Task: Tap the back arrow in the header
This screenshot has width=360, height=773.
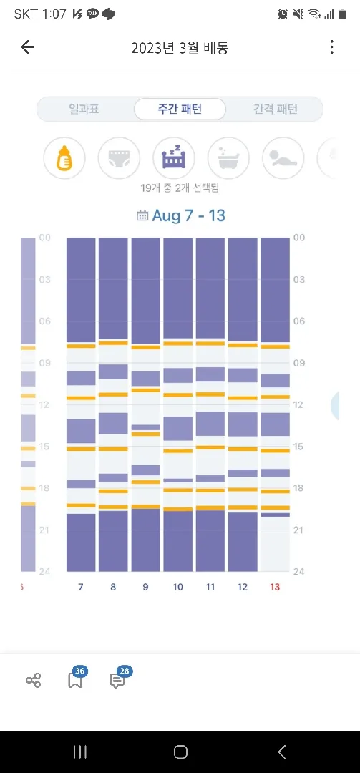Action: (x=28, y=47)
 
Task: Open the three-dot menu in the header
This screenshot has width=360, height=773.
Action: (x=332, y=47)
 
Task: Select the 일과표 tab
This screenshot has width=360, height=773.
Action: (x=84, y=109)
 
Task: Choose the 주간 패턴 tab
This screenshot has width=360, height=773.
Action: (x=180, y=109)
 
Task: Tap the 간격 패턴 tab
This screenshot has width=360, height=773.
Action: (x=276, y=109)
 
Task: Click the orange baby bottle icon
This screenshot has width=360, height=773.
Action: (x=64, y=158)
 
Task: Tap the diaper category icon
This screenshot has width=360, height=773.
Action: (x=119, y=158)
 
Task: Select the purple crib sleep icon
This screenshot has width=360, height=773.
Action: (x=174, y=158)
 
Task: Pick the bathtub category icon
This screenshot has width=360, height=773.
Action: (x=228, y=158)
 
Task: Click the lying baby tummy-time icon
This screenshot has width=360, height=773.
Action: (x=283, y=158)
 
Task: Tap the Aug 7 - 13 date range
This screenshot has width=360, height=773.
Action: (x=188, y=216)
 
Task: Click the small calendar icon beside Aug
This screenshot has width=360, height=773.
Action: (x=142, y=215)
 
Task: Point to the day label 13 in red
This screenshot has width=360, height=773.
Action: (x=275, y=587)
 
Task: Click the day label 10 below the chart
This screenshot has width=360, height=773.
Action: (x=177, y=587)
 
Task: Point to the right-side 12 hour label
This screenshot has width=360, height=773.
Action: (x=299, y=404)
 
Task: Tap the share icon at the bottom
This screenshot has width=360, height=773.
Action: (x=33, y=681)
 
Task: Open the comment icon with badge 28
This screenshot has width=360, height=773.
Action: (x=117, y=681)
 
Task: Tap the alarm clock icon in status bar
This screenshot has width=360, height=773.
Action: (x=283, y=14)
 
